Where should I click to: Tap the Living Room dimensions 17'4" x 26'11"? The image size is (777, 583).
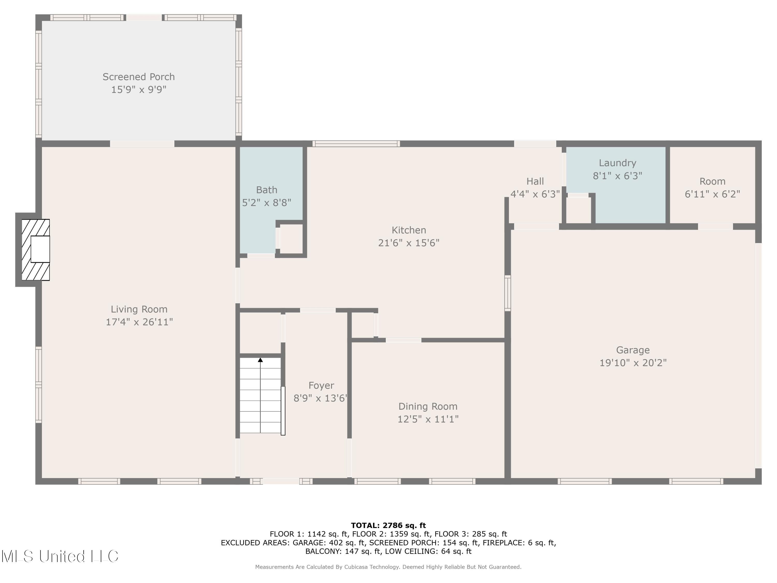click(x=139, y=322)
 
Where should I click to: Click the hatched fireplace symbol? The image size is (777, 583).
click(x=35, y=250)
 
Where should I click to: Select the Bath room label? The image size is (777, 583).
click(x=267, y=190)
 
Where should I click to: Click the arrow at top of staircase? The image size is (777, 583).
click(x=260, y=360)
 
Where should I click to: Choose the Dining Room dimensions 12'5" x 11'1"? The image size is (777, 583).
click(x=428, y=419)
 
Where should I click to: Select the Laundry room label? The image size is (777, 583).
click(x=617, y=163)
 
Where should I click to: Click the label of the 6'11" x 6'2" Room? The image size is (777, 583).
click(x=712, y=181)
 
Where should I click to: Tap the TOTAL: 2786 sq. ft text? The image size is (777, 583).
click(x=388, y=525)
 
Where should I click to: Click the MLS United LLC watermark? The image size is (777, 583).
click(x=60, y=556)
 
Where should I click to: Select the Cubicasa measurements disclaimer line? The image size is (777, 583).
click(x=388, y=567)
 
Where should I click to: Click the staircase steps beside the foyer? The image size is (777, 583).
click(x=260, y=397)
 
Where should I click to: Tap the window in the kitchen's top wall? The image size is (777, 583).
click(x=356, y=143)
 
